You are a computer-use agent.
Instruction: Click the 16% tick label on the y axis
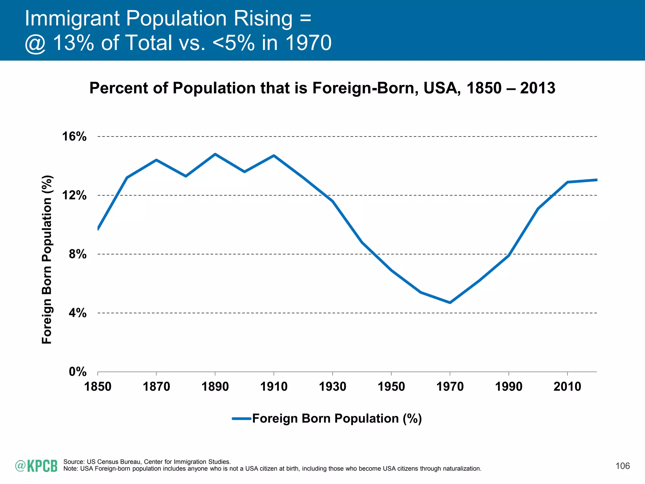click(74, 136)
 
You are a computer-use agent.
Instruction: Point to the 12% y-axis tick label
click(74, 195)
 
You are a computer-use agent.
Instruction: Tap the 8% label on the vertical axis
click(77, 254)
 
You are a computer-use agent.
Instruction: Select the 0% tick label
click(77, 372)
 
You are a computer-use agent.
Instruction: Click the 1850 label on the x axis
click(98, 387)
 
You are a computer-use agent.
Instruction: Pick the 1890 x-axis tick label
click(215, 387)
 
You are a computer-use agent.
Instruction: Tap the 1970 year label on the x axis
click(450, 387)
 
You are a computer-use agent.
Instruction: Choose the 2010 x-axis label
click(567, 387)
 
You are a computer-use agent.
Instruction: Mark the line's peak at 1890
click(215, 154)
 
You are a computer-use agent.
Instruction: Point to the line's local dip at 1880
click(186, 176)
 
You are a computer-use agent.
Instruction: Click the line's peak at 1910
click(274, 155)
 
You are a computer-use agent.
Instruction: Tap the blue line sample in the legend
click(242, 419)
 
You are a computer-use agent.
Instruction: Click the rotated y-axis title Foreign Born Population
click(47, 260)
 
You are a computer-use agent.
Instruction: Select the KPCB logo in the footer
click(36, 466)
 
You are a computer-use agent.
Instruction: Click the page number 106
click(623, 466)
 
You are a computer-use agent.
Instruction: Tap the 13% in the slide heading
click(73, 43)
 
